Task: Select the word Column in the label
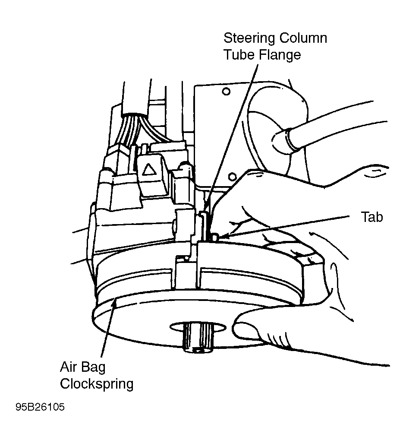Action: (x=303, y=38)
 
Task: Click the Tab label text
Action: (x=372, y=217)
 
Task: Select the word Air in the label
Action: (x=68, y=367)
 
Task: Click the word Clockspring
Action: (x=97, y=384)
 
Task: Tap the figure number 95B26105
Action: (x=40, y=407)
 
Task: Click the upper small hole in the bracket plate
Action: (x=226, y=92)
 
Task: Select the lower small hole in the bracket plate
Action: (x=232, y=177)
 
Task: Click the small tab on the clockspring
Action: (x=215, y=237)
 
